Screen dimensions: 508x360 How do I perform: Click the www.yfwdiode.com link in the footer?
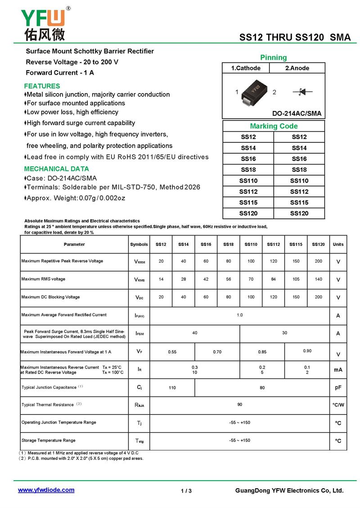point(46,490)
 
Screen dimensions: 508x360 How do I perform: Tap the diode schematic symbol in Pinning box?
point(302,92)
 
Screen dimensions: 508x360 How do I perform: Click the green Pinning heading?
point(273,58)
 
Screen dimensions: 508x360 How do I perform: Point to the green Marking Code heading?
point(274,126)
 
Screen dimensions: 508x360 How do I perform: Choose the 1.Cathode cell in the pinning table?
point(246,68)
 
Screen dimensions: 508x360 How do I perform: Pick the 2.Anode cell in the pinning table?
point(297,68)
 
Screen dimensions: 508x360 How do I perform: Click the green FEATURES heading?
point(42,86)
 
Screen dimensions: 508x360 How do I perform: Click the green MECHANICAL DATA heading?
point(56,169)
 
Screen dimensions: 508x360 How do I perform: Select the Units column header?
point(338,244)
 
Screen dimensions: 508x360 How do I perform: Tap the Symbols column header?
point(139,244)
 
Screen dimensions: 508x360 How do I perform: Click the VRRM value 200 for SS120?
point(319,261)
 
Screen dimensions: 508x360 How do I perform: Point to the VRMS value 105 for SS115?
point(296,279)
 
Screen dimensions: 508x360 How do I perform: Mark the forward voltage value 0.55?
point(172,352)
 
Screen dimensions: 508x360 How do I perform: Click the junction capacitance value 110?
point(172,388)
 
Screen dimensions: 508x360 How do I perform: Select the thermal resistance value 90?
point(240,405)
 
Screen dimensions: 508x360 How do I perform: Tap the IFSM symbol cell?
point(139,334)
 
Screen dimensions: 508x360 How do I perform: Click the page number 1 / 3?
point(186,491)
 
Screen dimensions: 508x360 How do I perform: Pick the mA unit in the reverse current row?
point(338,370)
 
